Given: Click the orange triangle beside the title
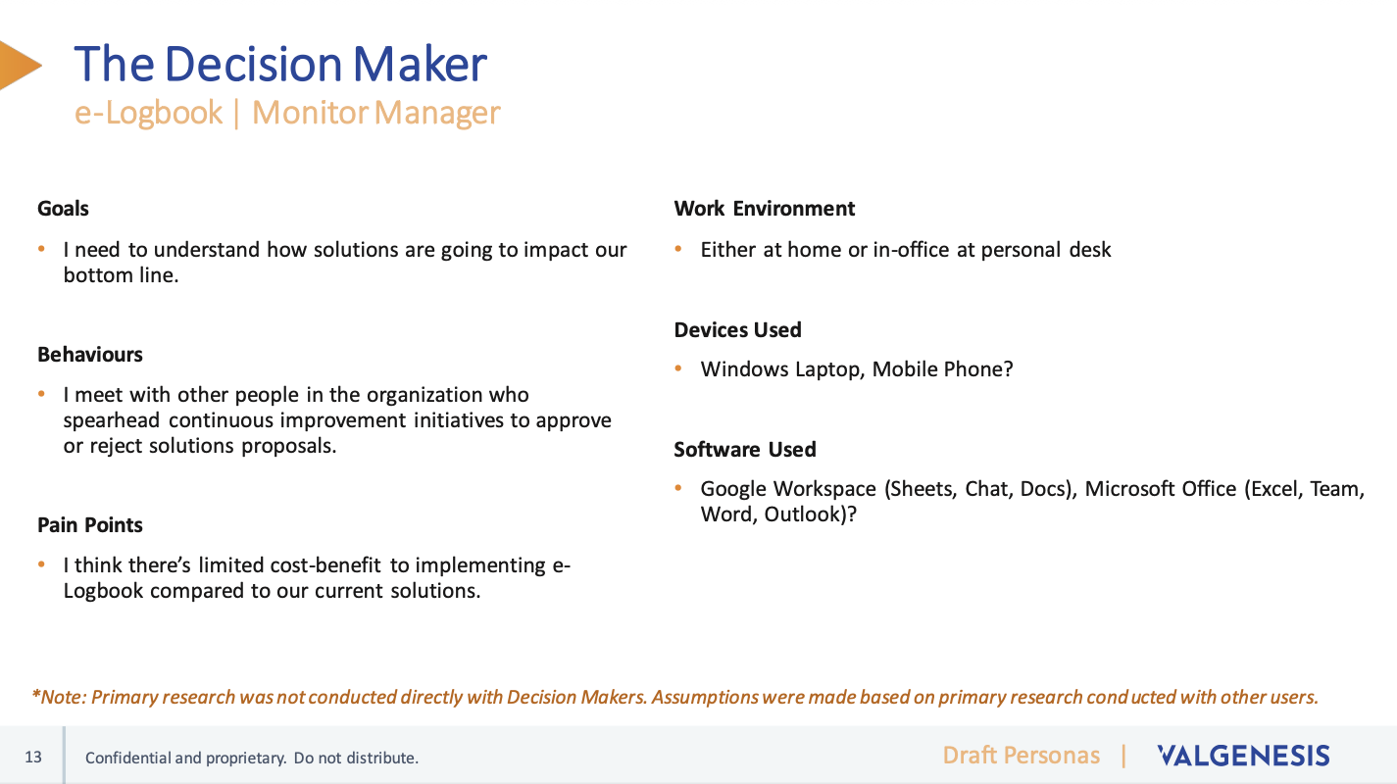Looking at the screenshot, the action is (x=19, y=66).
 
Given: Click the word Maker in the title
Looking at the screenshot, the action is (x=420, y=64).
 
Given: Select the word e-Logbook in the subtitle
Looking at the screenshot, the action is (x=148, y=113).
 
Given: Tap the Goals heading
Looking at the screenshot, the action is (x=63, y=208).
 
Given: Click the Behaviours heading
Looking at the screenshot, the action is (x=90, y=354).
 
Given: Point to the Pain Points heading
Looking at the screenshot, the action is (x=90, y=524).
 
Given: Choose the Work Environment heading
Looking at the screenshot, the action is (x=765, y=208).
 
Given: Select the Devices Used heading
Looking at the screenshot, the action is (x=738, y=329).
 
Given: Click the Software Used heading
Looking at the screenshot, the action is (x=745, y=450).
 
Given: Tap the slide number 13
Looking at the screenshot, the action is (x=33, y=758).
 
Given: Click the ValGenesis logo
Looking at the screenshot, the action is (x=1244, y=756).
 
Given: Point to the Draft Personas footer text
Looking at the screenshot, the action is (x=1021, y=756).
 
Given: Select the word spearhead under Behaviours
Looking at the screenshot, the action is (x=112, y=420).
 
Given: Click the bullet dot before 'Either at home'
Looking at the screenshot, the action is (x=678, y=249).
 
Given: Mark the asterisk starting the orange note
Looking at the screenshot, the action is (x=36, y=693).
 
